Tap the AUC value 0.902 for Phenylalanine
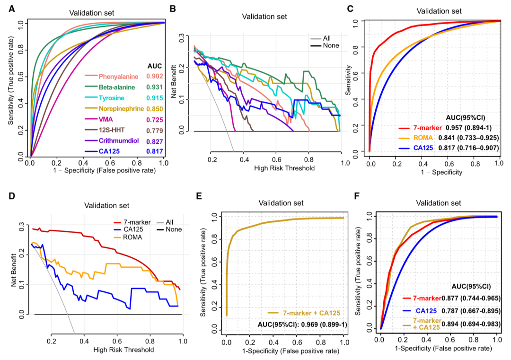point(154,76)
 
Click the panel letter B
point(173,9)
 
